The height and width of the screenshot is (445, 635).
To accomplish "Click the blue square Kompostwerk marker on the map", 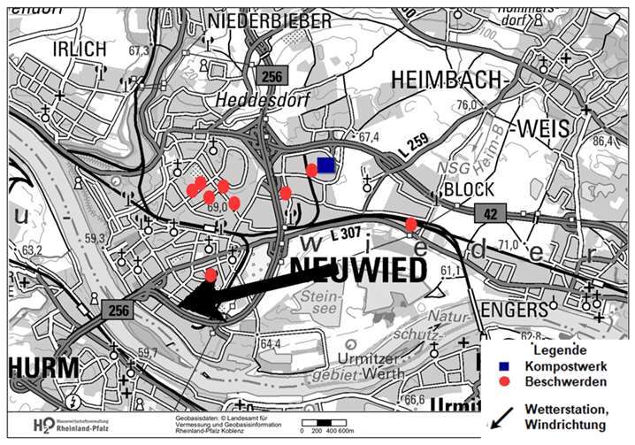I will click(x=326, y=165).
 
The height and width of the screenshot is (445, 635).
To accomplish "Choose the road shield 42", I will click(x=487, y=212).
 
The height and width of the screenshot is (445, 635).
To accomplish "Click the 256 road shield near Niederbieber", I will click(x=272, y=77).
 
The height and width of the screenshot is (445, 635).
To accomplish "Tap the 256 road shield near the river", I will click(x=115, y=310).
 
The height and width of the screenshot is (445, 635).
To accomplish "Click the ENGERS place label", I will click(x=515, y=310).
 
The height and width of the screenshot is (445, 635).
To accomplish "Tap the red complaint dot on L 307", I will click(x=411, y=225).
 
